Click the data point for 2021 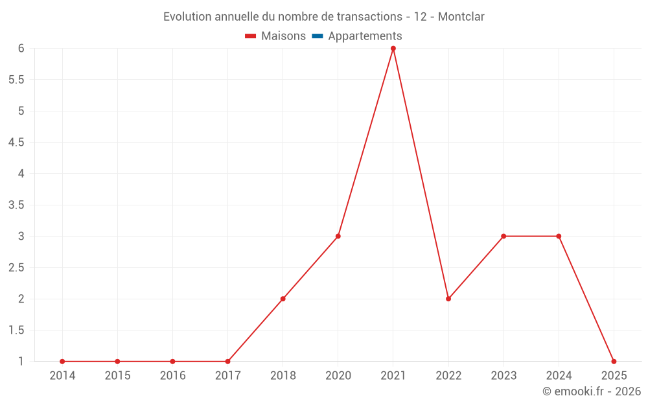click(393, 49)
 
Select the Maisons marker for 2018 click(283, 299)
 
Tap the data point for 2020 click(338, 236)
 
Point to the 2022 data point click(448, 299)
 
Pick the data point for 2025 click(614, 361)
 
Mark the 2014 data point click(62, 361)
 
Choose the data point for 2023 click(503, 236)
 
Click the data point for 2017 click(227, 361)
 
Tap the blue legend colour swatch click(318, 36)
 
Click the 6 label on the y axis click(21, 49)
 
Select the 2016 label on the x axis click(172, 376)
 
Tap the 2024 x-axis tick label click(559, 376)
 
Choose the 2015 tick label click(117, 376)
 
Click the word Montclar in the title click(461, 17)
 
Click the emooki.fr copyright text click(592, 391)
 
